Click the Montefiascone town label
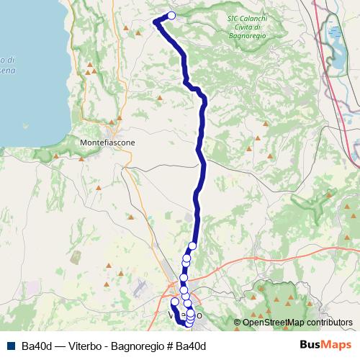pyautogui.click(x=108, y=143)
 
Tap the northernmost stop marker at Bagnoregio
pyautogui.click(x=171, y=15)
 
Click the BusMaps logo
pyautogui.click(x=321, y=346)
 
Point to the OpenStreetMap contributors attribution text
pyautogui.click(x=297, y=322)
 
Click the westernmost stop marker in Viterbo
pyautogui.click(x=174, y=302)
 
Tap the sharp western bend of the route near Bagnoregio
pyautogui.click(x=156, y=22)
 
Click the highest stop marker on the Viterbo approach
pyautogui.click(x=192, y=246)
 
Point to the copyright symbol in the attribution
pyautogui.click(x=237, y=322)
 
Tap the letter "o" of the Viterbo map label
pyautogui.click(x=199, y=316)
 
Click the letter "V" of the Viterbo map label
pyautogui.click(x=171, y=316)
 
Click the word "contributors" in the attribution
pyautogui.click(x=329, y=322)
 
